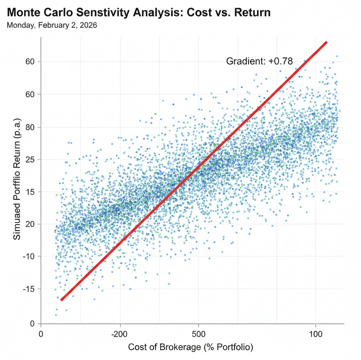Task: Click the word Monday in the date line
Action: (18, 26)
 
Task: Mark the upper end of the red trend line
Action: (326, 42)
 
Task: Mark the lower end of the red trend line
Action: (62, 300)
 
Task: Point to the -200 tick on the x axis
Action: (120, 333)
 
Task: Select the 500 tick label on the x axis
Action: (198, 333)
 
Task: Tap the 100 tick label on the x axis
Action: (315, 333)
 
